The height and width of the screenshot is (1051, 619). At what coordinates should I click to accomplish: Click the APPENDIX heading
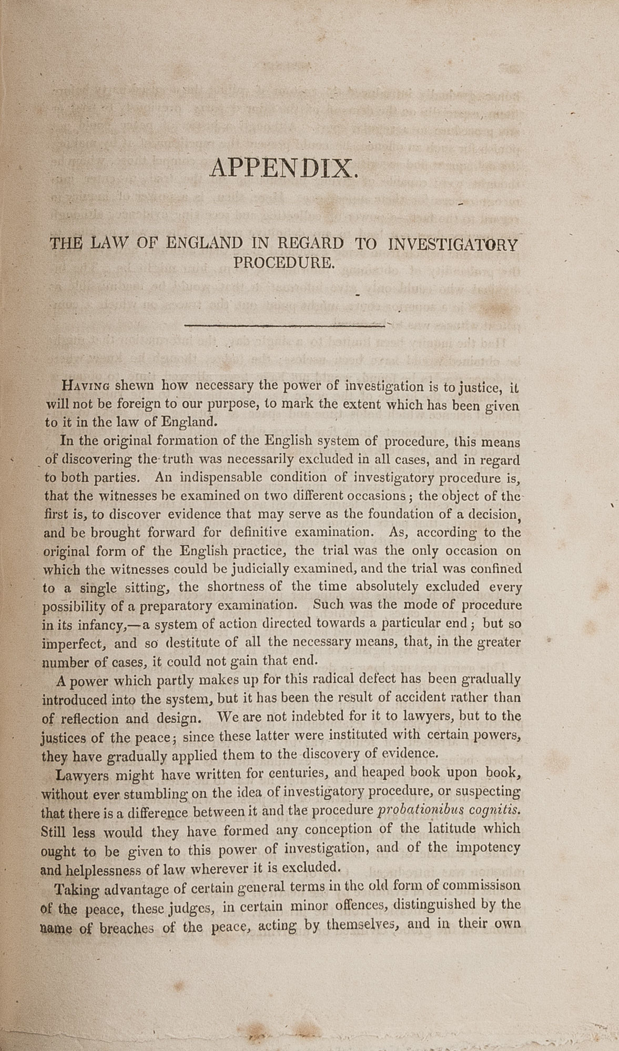[x=283, y=169]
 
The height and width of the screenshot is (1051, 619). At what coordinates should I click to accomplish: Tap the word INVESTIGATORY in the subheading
[x=452, y=244]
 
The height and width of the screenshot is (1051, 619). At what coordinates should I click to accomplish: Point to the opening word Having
[x=86, y=386]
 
